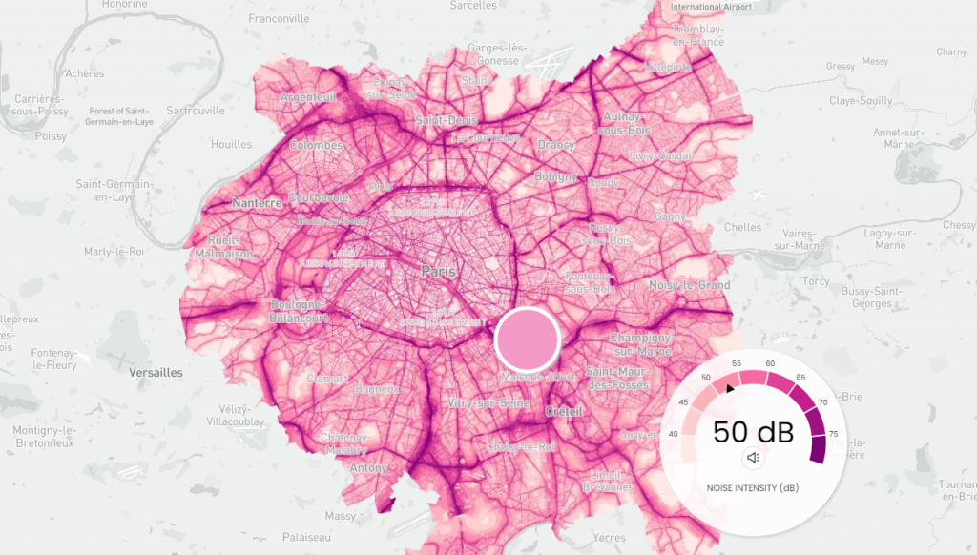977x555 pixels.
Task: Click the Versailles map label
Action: click(156, 373)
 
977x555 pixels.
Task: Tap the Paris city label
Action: click(439, 273)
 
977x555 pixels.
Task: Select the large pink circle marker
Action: click(527, 339)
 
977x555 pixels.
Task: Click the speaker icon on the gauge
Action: click(753, 458)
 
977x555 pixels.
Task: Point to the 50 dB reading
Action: click(753, 431)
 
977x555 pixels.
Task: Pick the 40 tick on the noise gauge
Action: click(675, 435)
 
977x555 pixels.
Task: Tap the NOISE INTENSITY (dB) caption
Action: click(753, 487)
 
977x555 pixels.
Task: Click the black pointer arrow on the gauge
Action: click(730, 388)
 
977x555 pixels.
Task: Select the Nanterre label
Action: click(257, 203)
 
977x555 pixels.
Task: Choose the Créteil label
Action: click(563, 411)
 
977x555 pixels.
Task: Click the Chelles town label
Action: click(743, 227)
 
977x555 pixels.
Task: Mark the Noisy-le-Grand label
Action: click(689, 285)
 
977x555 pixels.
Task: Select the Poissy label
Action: click(51, 136)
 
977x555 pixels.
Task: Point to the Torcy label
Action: click(816, 281)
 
